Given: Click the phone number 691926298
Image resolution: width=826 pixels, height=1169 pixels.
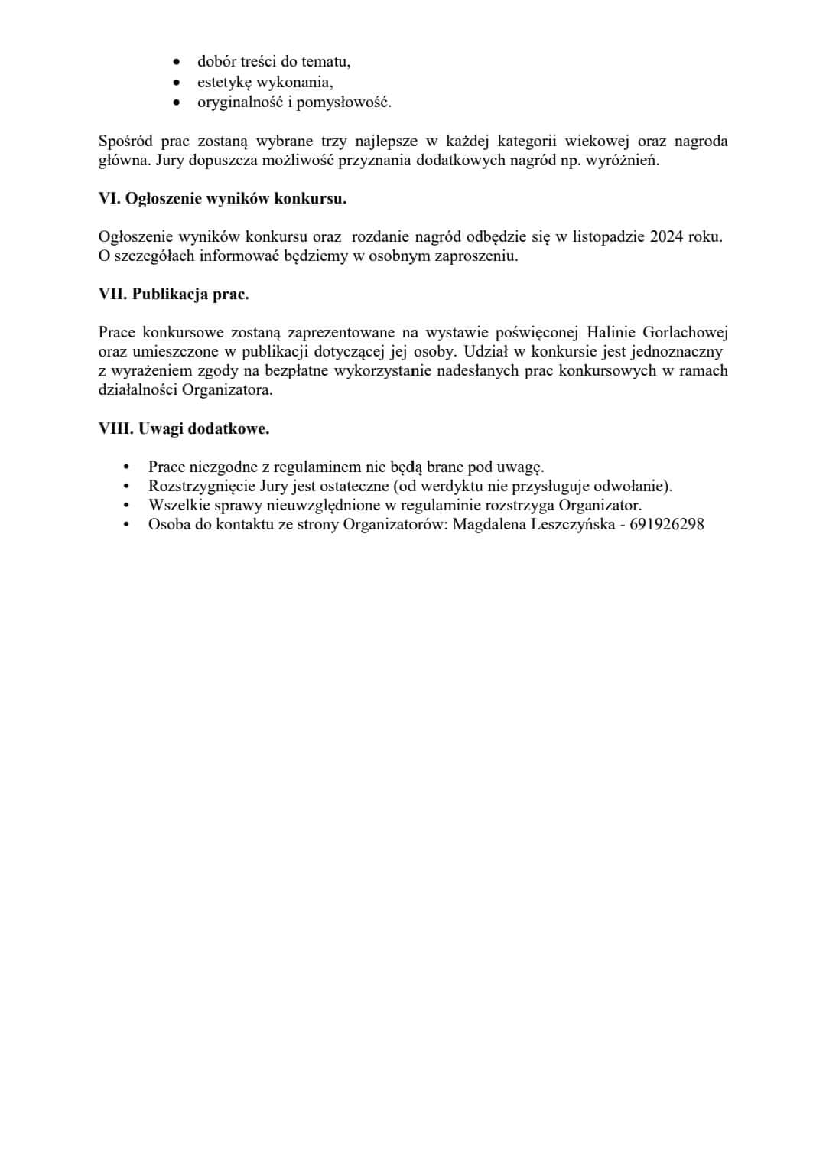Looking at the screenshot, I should tap(667, 525).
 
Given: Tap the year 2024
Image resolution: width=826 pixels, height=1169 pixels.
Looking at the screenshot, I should tap(666, 236).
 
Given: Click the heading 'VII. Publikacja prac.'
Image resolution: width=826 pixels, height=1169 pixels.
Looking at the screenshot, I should tap(174, 295).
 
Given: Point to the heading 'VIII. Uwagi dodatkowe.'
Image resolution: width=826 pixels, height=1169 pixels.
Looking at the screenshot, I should tap(184, 429).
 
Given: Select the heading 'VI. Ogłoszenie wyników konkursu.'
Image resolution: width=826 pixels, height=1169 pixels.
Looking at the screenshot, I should tap(223, 199).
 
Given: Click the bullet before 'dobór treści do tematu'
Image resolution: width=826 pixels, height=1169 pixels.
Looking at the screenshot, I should tap(177, 62).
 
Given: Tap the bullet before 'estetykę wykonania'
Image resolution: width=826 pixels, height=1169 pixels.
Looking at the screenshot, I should tap(177, 82).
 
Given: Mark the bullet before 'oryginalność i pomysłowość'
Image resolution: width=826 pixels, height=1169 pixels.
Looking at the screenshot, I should tap(177, 102).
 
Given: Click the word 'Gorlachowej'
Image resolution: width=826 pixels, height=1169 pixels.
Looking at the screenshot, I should tap(685, 333).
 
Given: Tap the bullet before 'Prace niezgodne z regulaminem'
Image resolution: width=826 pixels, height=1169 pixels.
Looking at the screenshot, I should tap(127, 467).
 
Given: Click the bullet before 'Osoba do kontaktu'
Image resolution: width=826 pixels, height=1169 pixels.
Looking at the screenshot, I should tap(127, 525).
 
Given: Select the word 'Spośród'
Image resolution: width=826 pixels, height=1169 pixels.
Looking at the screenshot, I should tap(125, 142).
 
